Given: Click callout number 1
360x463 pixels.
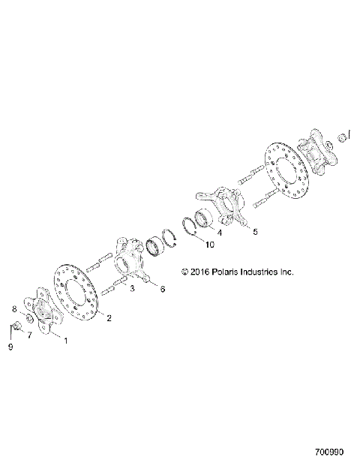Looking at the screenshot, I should click(64, 340).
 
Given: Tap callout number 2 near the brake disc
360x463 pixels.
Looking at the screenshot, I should click(109, 318).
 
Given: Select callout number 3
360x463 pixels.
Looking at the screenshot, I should click(131, 288).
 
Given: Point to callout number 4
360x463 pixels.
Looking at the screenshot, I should click(219, 232).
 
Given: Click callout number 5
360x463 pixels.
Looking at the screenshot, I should click(254, 232).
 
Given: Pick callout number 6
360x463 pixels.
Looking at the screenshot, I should click(163, 289).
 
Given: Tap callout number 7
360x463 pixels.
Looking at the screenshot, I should click(30, 335).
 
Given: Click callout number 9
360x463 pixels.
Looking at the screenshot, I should click(10, 347).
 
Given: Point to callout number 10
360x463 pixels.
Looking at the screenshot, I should click(209, 245).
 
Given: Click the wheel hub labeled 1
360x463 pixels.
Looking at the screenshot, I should click(43, 316).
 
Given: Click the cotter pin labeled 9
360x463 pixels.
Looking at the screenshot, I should click(16, 329).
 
